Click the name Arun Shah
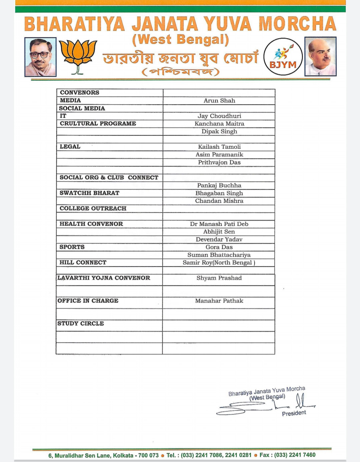[219, 100]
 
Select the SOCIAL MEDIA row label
[82, 108]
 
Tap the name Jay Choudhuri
[219, 116]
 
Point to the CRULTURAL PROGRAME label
[98, 124]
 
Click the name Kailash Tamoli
[219, 147]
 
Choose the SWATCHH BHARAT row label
[89, 193]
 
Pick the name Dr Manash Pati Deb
[219, 224]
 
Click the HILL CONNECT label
[83, 262]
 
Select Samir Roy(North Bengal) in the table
[219, 263]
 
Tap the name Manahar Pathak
[219, 301]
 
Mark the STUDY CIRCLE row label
[80, 323]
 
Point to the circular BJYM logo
[283, 57]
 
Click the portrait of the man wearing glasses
[40, 57]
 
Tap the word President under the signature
[294, 413]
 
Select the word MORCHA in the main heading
[297, 24]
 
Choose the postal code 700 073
[148, 455]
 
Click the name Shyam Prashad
[219, 278]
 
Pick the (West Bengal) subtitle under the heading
[181, 40]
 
